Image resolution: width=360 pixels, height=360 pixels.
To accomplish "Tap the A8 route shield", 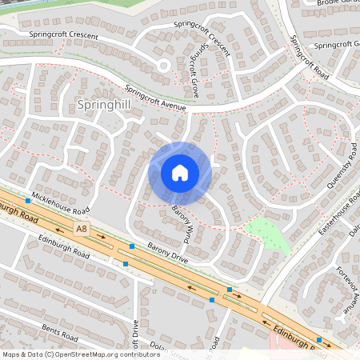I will click(x=81, y=229).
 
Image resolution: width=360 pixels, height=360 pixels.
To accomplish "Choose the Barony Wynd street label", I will click(x=182, y=223).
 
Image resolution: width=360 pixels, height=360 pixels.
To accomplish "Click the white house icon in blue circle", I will click(x=180, y=173).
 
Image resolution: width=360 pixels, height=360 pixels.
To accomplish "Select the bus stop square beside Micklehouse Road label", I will click(x=28, y=201).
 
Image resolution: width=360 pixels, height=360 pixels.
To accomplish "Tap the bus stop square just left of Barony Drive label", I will click(x=132, y=246).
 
